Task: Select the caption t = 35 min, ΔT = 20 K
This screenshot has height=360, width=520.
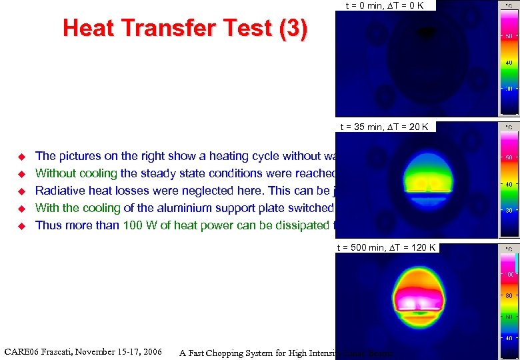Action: (385, 126)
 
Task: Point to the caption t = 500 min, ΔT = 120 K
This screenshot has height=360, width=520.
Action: (386, 247)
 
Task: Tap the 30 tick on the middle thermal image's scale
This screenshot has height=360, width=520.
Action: (508, 210)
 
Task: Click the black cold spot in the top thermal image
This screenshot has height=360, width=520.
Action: (425, 31)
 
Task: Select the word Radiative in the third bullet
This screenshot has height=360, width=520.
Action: (58, 191)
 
